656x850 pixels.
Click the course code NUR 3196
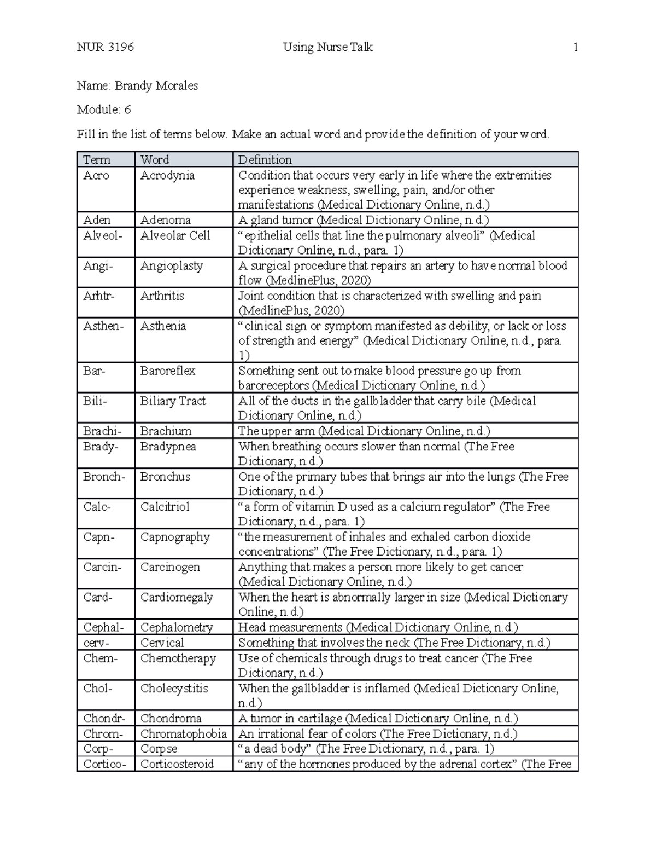click(106, 47)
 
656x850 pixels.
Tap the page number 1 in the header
click(575, 47)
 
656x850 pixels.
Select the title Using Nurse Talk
click(327, 47)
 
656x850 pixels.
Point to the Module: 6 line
click(104, 109)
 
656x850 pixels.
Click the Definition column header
click(265, 159)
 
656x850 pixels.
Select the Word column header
click(155, 159)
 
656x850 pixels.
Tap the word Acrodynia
click(167, 175)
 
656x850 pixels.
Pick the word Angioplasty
click(172, 265)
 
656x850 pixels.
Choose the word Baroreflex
click(167, 371)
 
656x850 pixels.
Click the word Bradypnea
click(168, 446)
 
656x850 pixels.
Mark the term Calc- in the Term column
click(97, 506)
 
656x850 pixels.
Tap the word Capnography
click(175, 537)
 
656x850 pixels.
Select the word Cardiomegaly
click(177, 597)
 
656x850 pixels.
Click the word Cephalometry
click(177, 627)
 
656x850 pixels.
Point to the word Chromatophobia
click(183, 733)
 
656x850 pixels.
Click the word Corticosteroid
click(177, 764)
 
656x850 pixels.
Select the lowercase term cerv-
click(96, 643)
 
